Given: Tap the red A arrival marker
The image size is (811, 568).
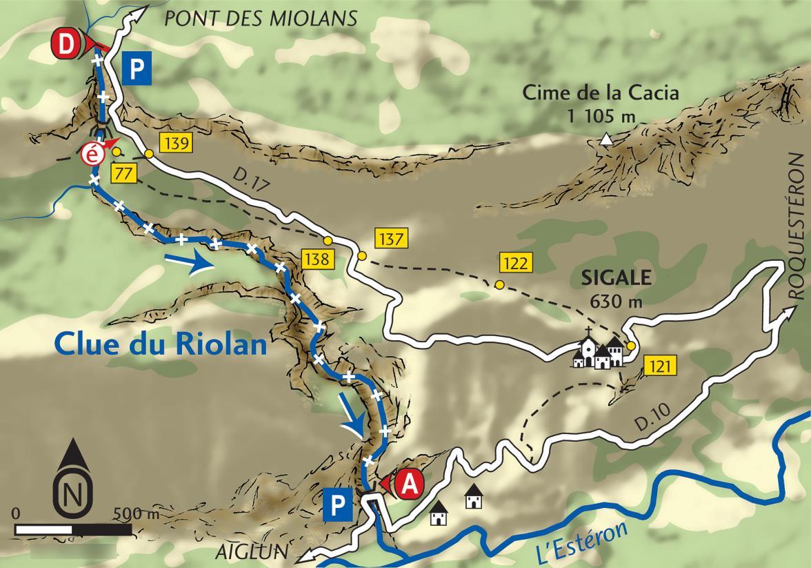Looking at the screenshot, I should (408, 483).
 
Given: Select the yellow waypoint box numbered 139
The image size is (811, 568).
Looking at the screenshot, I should (175, 143).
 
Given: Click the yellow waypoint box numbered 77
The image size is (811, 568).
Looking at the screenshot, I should (124, 172).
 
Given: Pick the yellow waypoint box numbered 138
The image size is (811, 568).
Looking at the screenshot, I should (318, 259).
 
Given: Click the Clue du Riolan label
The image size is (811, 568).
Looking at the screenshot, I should (160, 343).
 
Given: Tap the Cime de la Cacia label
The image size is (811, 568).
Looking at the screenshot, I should (601, 92).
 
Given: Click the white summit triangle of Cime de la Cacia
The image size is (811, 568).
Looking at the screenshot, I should (605, 140).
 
